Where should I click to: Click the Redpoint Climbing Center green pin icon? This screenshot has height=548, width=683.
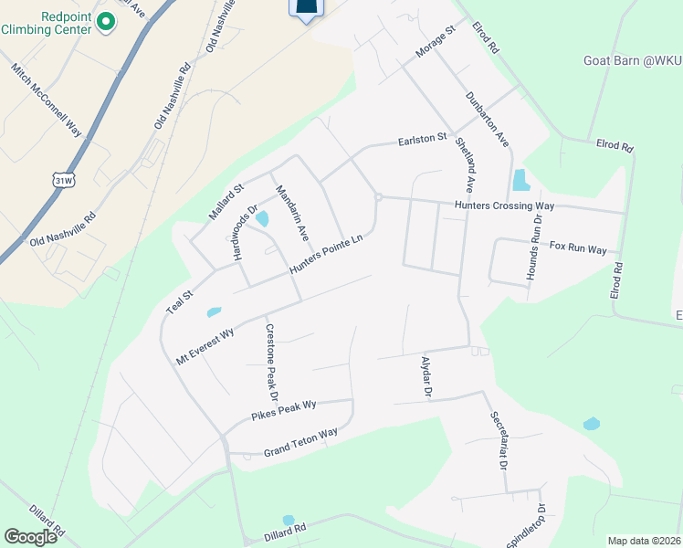pos(105,20)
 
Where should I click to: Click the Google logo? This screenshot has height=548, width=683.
pos(31,537)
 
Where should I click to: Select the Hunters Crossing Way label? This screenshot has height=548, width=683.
pos(504,206)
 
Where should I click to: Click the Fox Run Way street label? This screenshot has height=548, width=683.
pos(578,248)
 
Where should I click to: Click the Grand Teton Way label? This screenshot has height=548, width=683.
pos(300,442)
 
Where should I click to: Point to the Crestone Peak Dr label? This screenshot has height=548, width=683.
pos(270,363)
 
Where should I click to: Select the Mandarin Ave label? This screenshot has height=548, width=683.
pos(292,213)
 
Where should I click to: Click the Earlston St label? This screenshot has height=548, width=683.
pos(421,140)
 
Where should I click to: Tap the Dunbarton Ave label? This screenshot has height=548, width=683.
pos(486,118)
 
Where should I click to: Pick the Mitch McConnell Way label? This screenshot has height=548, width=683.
pos(47,100)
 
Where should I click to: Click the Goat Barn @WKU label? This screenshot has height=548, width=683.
pos(632,61)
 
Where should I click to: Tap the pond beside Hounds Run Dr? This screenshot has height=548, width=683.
pos(520,180)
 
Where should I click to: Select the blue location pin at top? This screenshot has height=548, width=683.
pos(307,9)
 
